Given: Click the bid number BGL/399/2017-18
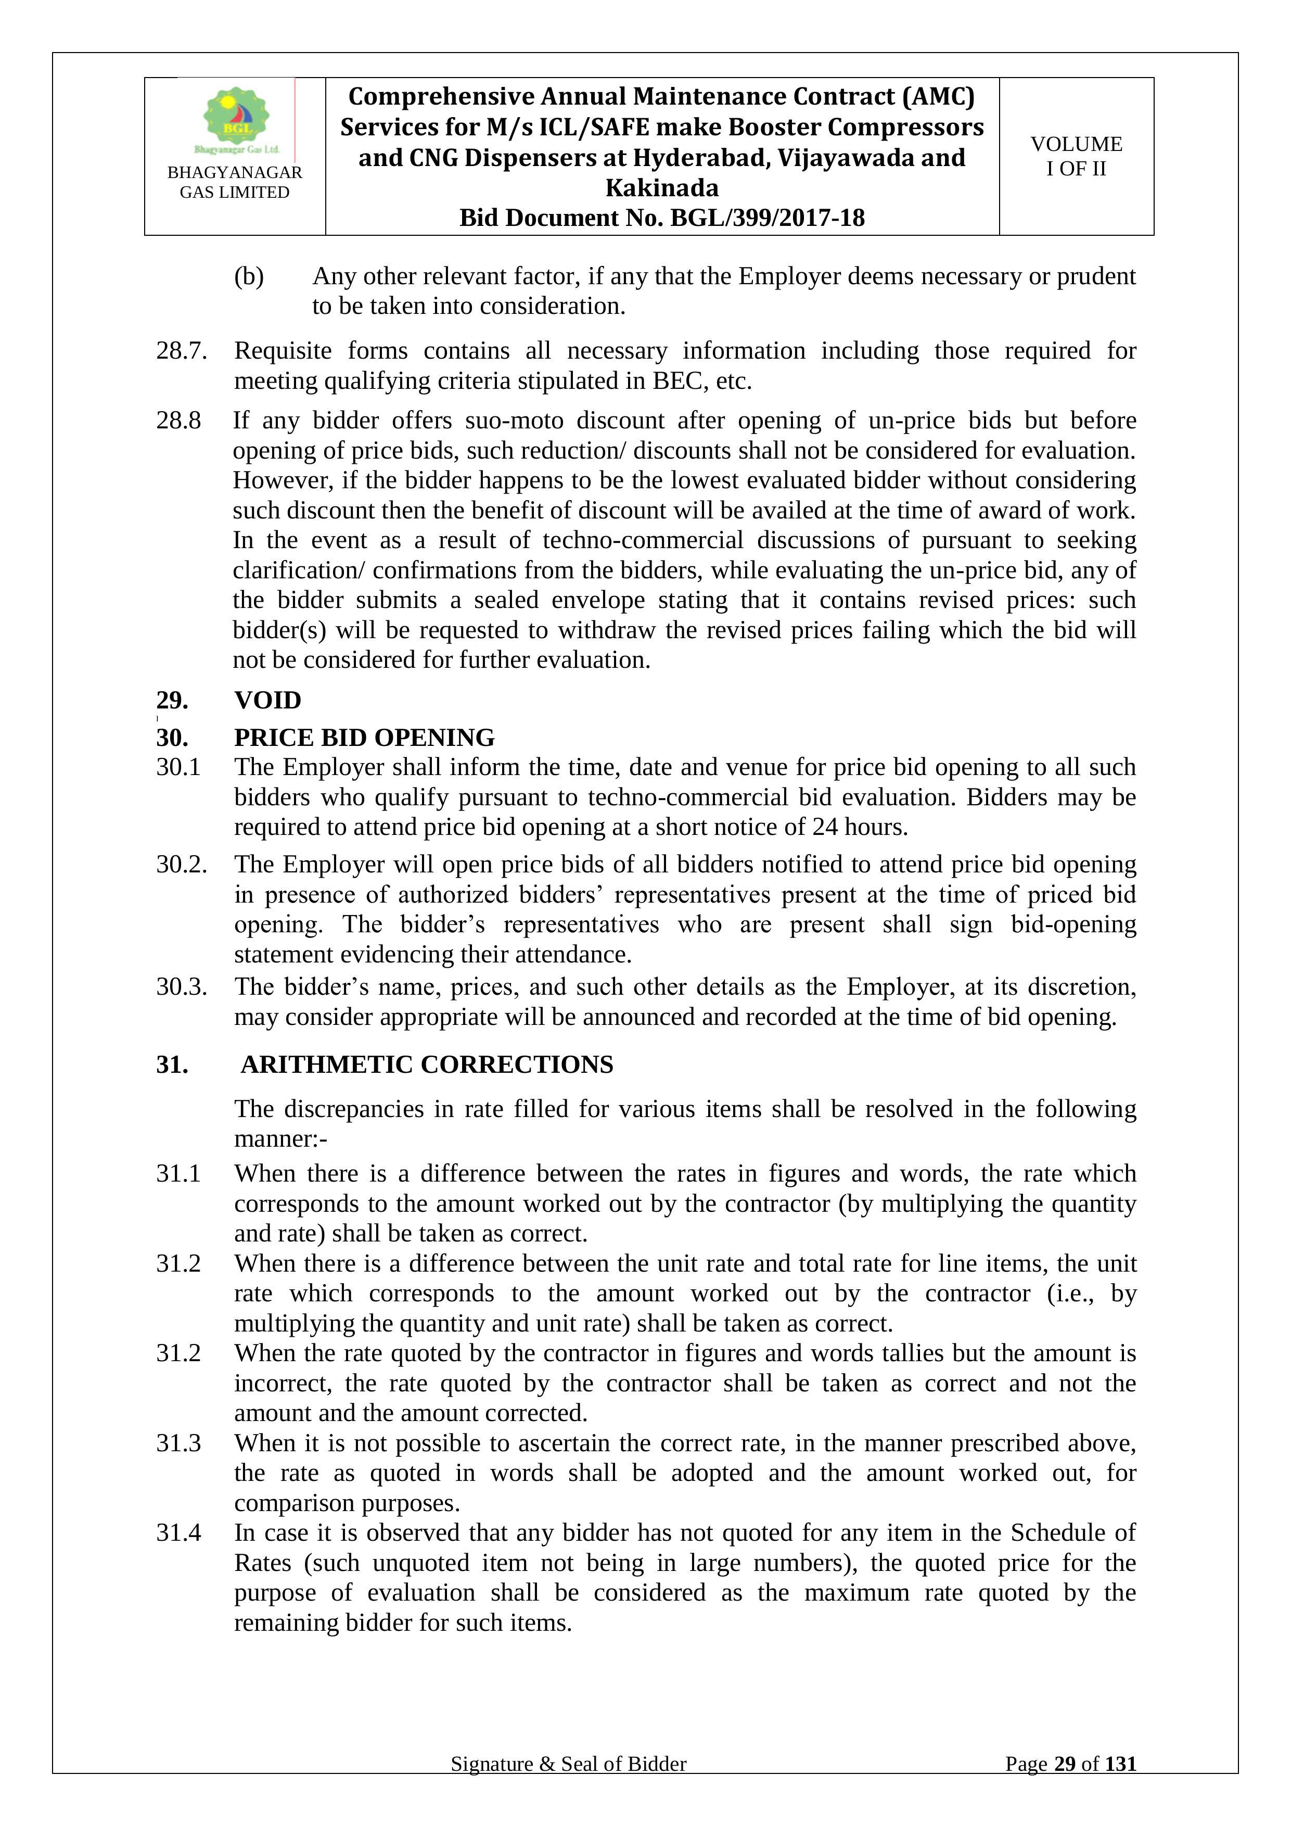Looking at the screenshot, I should click(767, 218).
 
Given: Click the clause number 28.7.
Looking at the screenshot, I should click(181, 351).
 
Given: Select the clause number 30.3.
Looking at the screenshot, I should click(181, 987).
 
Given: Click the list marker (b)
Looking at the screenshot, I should click(248, 276).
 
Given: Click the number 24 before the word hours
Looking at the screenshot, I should click(825, 827).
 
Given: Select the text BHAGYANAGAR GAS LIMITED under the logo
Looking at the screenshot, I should click(235, 182).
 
